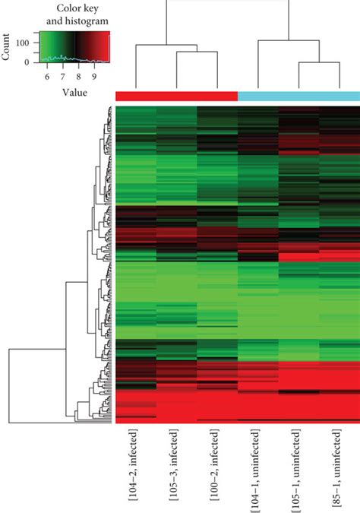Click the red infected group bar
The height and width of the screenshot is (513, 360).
[x=176, y=97]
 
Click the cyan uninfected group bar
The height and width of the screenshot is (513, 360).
[x=299, y=97]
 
